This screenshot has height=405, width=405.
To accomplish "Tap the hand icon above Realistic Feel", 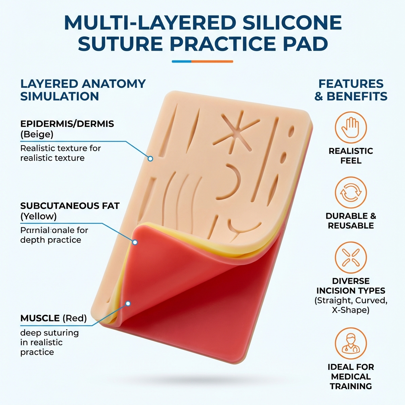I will click(351, 127).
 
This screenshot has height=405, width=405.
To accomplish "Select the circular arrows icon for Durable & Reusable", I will click(351, 193).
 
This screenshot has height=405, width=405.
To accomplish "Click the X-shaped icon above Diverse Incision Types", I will click(351, 258).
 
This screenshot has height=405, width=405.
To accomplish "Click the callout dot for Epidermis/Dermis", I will click(150, 159).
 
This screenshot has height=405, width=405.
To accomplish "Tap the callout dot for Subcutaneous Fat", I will click(135, 242).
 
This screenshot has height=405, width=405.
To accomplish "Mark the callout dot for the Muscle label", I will click(128, 304).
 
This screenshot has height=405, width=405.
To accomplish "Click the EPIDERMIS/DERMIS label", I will click(67, 124).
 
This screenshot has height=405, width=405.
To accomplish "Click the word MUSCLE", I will click(39, 318).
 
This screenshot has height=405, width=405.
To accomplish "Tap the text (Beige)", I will click(37, 134).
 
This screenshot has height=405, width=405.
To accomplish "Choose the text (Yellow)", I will click(39, 216).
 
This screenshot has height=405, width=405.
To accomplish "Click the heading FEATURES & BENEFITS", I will click(351, 90).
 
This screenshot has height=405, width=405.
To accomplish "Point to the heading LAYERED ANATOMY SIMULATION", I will click(83, 90).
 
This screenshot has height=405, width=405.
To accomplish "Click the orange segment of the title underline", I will click(212, 61).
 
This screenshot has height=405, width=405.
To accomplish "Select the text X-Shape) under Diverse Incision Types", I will click(351, 310).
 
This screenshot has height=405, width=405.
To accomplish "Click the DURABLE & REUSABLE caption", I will click(351, 221).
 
